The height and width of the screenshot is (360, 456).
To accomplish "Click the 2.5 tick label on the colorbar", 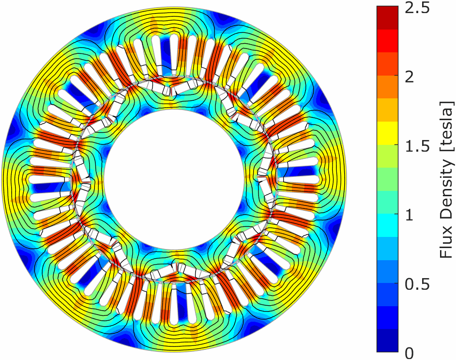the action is (x=417, y=9).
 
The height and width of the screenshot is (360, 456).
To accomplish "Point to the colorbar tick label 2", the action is (x=410, y=77).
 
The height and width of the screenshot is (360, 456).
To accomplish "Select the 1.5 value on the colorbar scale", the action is (x=417, y=146).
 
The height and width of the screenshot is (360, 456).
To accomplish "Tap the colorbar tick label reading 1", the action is (x=410, y=216).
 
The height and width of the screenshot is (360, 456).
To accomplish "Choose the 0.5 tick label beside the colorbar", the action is (x=417, y=285).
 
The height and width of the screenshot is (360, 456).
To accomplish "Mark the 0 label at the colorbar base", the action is (x=410, y=354).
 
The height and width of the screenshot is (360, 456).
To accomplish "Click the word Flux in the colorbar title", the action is (x=447, y=245).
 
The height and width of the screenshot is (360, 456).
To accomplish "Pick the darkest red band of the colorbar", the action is (x=387, y=17).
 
